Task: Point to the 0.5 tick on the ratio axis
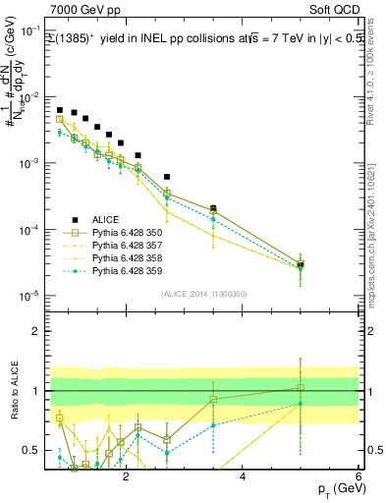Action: click(x=34, y=451)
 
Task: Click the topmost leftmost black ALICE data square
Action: click(x=60, y=110)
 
